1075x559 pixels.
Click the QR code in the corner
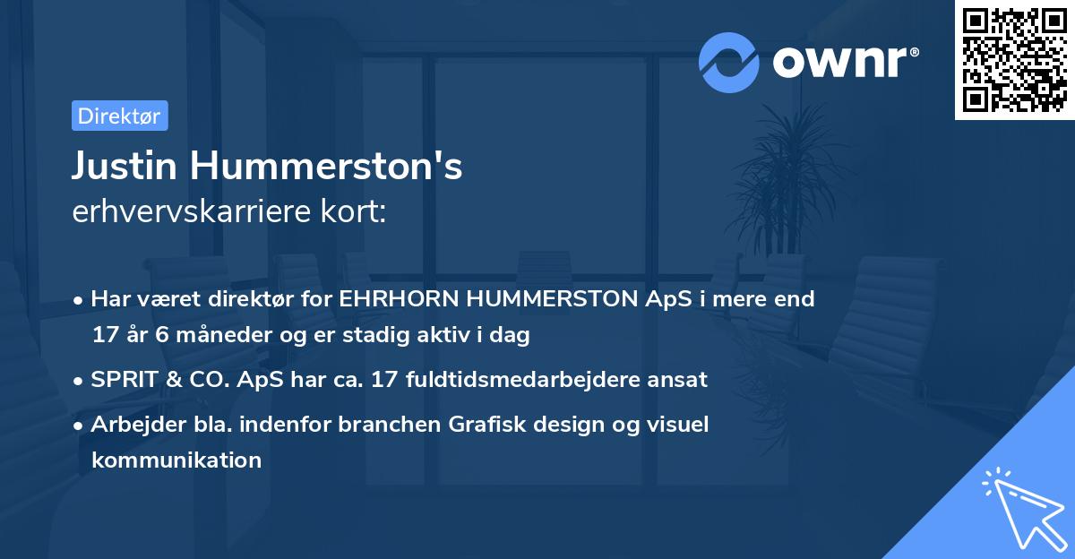pyautogui.click(x=1015, y=60)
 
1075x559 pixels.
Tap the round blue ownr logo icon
pyautogui.click(x=729, y=62)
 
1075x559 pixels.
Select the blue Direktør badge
pyautogui.click(x=119, y=116)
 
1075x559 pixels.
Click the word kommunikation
pyautogui.click(x=176, y=460)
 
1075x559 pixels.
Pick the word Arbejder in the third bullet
pyautogui.click(x=131, y=425)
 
